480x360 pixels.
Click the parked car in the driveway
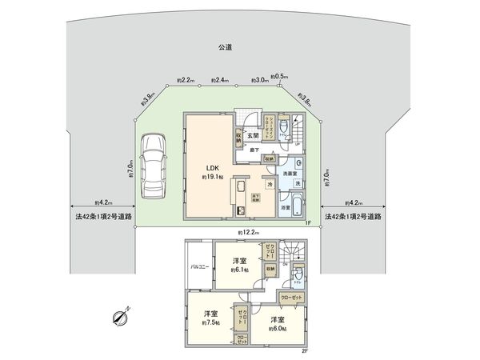pos(153,167)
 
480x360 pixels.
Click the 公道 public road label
pos(225,49)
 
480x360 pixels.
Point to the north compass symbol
pos(122,318)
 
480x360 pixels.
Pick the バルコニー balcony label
pos(200,266)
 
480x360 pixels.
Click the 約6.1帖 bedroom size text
pos(240,271)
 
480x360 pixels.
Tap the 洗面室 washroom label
pos(290,172)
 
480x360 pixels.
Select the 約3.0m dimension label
pos(258,80)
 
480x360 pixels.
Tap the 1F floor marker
pos(307,222)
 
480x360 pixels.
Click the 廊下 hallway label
pos(251,149)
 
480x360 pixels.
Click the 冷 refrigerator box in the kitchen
pos(270,183)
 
